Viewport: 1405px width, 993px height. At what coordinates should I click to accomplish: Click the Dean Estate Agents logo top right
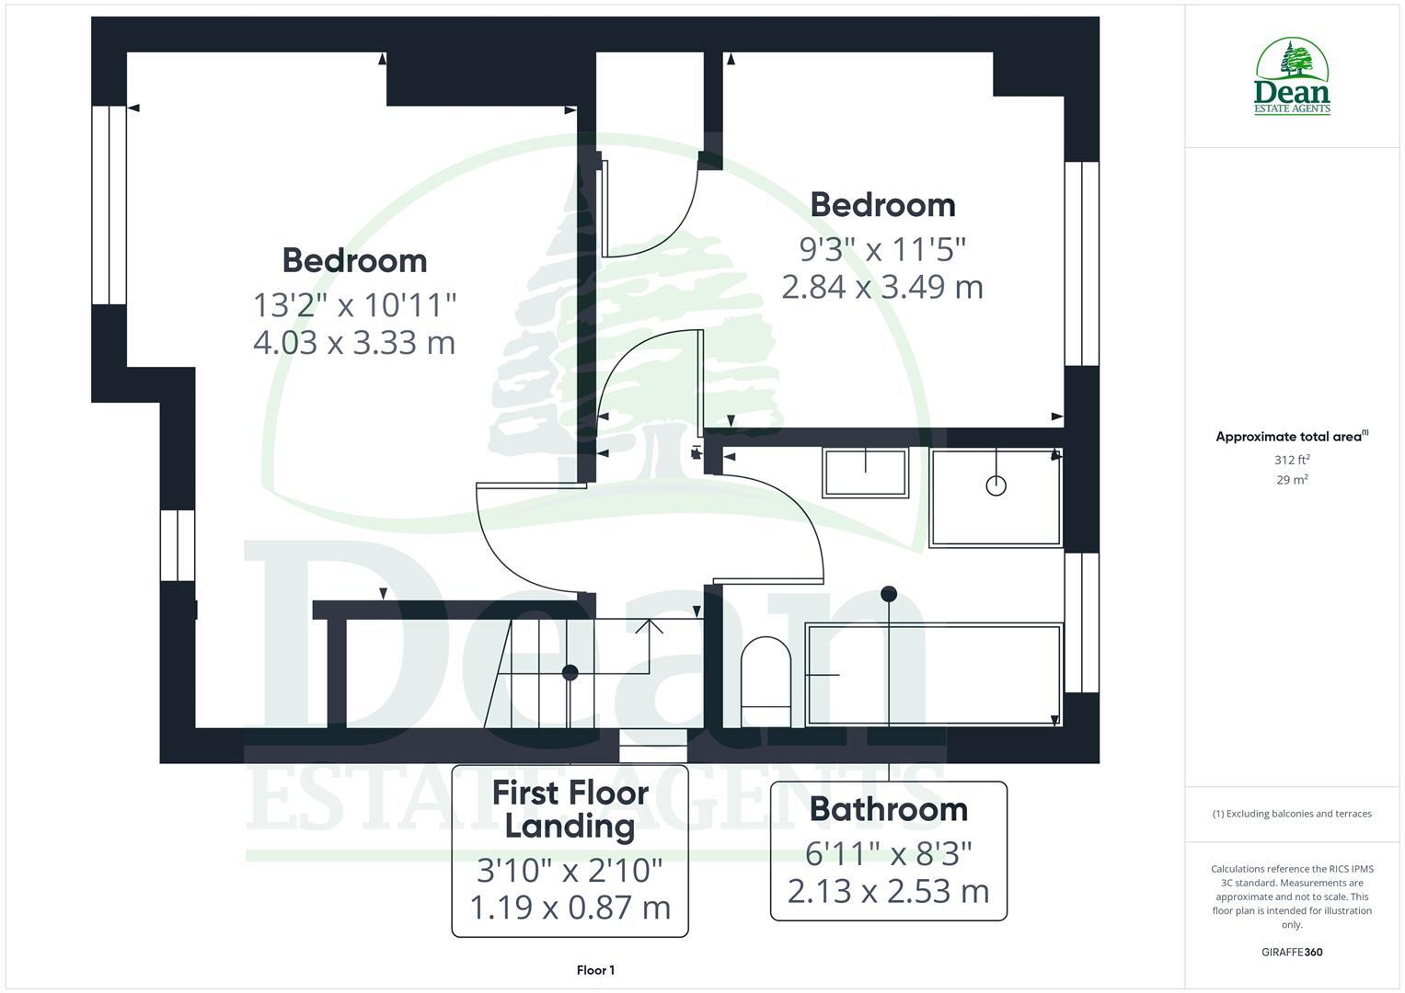pyautogui.click(x=1292, y=77)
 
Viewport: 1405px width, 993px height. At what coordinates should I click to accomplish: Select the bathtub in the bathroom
pyautogui.click(x=933, y=675)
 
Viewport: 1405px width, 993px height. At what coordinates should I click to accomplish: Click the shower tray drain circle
pyautogui.click(x=996, y=485)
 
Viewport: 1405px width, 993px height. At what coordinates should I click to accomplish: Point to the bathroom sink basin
pyautogui.click(x=865, y=473)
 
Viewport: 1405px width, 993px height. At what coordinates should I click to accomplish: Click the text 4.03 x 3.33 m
pyautogui.click(x=354, y=343)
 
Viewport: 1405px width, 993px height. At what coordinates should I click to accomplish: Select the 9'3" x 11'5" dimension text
pyautogui.click(x=882, y=248)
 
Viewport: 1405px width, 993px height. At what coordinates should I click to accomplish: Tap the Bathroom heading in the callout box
pyautogui.click(x=888, y=809)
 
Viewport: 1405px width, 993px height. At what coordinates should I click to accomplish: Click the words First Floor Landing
pyautogui.click(x=570, y=809)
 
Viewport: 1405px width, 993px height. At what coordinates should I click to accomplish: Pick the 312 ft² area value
pyautogui.click(x=1292, y=460)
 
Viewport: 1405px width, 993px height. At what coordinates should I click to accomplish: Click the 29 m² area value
pyautogui.click(x=1292, y=480)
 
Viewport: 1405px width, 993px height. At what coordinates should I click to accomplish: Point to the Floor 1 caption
pyautogui.click(x=595, y=970)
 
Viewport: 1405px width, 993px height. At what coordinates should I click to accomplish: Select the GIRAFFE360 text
pyautogui.click(x=1292, y=953)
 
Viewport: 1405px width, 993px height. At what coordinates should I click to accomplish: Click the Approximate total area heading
pyautogui.click(x=1290, y=437)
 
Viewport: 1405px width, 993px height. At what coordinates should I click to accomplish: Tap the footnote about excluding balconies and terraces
pyautogui.click(x=1292, y=814)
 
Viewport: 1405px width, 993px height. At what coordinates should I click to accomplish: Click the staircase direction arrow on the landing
pyautogui.click(x=650, y=628)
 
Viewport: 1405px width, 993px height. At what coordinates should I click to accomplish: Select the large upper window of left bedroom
pyautogui.click(x=109, y=205)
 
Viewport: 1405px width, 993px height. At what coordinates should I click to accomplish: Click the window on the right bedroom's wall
pyautogui.click(x=1081, y=264)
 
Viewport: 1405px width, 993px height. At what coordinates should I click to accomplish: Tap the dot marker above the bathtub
pyautogui.click(x=889, y=594)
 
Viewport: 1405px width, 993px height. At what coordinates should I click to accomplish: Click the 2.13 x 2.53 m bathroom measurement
pyautogui.click(x=888, y=891)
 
